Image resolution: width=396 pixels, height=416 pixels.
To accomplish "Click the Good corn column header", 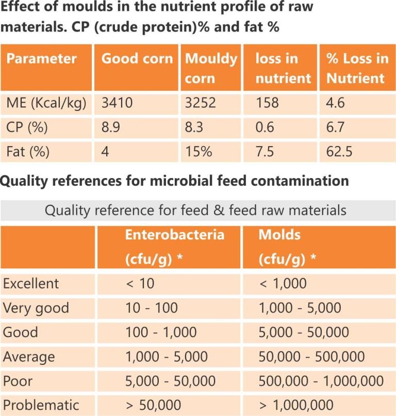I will (x=137, y=58).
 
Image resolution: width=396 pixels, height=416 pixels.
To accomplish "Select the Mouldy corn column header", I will (x=211, y=68).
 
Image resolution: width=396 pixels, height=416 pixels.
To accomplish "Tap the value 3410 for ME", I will (x=117, y=103).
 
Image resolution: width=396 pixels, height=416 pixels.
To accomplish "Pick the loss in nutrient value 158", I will (x=267, y=103).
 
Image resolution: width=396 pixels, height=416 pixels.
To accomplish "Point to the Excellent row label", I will (x=31, y=283).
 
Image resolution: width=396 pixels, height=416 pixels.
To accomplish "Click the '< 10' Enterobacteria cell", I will (x=140, y=283).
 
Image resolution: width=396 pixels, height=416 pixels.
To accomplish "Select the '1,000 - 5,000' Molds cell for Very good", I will (x=300, y=308).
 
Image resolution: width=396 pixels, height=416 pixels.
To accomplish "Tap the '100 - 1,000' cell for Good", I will (x=161, y=332).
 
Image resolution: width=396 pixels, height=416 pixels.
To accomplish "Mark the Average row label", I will (x=29, y=357).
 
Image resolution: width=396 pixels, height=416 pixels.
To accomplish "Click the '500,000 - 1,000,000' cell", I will (x=321, y=381).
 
